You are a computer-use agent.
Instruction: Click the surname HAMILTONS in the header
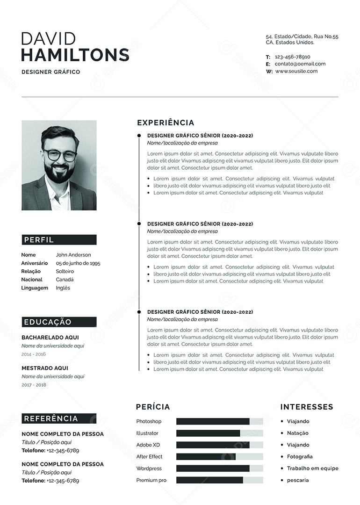point(75,55)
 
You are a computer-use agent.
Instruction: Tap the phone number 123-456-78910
point(292,57)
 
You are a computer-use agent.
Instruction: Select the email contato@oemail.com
point(300,64)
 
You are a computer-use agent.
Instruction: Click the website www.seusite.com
point(296,71)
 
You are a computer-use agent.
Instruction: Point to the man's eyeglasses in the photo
point(60,155)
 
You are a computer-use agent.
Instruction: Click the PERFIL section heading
point(39,240)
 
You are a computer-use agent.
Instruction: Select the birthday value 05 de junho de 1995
point(78,263)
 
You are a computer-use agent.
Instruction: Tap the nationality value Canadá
point(65,280)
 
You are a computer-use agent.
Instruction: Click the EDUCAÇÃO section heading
point(48,322)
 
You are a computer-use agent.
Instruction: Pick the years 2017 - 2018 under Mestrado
point(34,385)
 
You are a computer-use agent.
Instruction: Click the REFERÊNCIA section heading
point(51,418)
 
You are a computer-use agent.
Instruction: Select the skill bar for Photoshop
point(219,421)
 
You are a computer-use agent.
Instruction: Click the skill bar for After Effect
point(219,456)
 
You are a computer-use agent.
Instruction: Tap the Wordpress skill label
point(149,468)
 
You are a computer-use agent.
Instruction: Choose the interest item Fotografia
point(300,456)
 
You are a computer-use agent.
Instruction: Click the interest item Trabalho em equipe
point(312,468)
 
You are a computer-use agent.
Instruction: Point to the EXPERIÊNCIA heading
point(166,123)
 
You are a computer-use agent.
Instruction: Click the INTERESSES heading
point(307,407)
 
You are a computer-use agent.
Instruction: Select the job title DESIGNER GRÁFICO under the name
point(50,72)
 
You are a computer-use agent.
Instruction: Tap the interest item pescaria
point(298,480)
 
